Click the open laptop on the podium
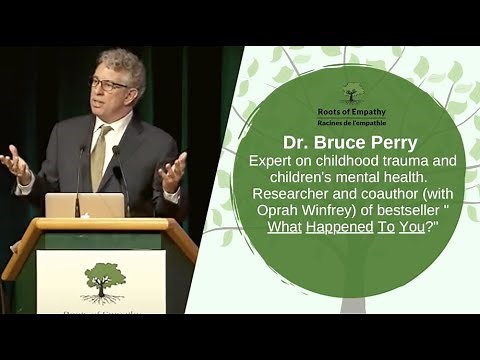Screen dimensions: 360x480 pos(86,205)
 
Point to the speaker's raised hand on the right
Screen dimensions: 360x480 pos(172,171)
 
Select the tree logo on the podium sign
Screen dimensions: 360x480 pos(101,280)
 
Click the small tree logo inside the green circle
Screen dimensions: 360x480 pos(350,92)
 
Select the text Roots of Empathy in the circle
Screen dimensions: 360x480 pos(350,110)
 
